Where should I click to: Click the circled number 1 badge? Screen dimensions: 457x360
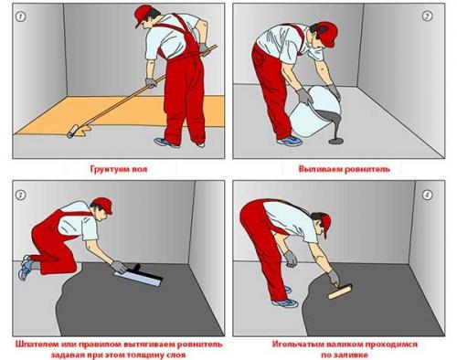click(x=21, y=16)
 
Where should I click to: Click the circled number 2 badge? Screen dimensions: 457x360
click(x=428, y=16)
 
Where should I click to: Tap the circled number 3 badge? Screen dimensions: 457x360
click(x=21, y=196)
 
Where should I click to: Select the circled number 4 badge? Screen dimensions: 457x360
click(x=428, y=196)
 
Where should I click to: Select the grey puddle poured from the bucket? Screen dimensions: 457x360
click(x=337, y=141)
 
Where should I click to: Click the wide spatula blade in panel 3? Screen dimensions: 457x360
click(x=138, y=278)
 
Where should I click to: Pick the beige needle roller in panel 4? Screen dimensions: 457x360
click(x=340, y=291)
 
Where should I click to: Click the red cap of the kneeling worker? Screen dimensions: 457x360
click(x=103, y=205)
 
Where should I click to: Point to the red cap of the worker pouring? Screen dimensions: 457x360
click(x=327, y=34)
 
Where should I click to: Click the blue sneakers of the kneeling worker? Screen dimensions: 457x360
click(x=25, y=267)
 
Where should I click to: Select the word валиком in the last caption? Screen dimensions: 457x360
click(x=345, y=344)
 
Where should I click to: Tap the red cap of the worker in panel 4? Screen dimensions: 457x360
click(x=326, y=225)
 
